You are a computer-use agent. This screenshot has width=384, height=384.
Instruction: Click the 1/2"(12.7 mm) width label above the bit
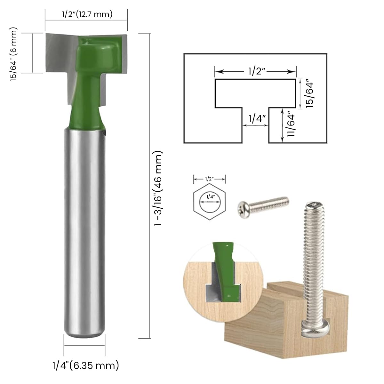pyautogui.click(x=87, y=14)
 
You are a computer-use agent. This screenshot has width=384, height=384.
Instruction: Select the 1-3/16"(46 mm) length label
pyautogui.click(x=159, y=188)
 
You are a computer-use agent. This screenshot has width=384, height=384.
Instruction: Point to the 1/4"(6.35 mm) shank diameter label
pyautogui.click(x=86, y=365)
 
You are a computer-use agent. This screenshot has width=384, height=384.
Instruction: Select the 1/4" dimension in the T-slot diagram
pyautogui.click(x=255, y=119)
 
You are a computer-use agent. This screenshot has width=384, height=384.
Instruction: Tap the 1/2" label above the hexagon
pyautogui.click(x=209, y=179)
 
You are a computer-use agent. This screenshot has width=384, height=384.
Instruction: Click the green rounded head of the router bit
pyautogui.click(x=99, y=51)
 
